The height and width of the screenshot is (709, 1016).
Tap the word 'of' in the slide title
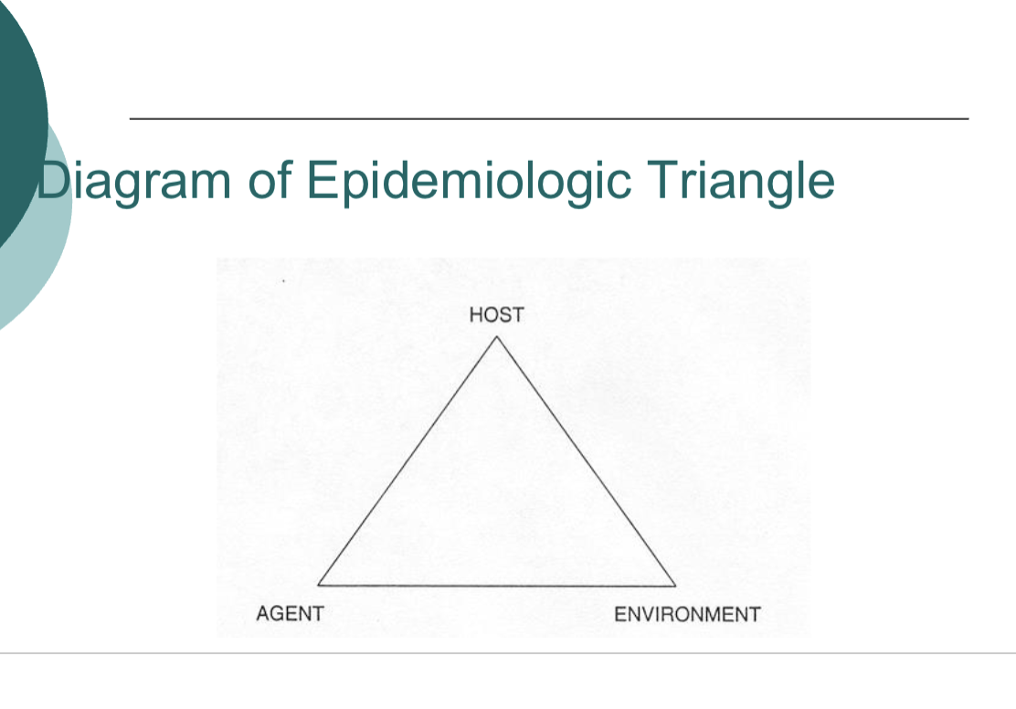(268, 179)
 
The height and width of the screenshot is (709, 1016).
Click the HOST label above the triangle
(496, 315)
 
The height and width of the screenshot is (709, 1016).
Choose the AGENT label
(290, 614)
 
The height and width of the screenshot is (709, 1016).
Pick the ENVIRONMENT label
(686, 614)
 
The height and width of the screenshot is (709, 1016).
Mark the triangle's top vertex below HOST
(497, 337)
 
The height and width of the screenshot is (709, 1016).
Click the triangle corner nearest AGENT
(319, 584)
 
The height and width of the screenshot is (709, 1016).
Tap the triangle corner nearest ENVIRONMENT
(675, 585)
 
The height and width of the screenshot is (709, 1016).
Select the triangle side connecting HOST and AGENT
(407, 460)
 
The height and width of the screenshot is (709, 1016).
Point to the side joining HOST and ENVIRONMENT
(586, 460)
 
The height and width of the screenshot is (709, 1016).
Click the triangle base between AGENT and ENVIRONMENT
(497, 585)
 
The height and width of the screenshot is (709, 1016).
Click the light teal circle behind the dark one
(46, 274)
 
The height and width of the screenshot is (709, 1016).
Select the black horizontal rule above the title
(548, 119)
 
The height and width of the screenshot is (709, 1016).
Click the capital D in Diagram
(53, 179)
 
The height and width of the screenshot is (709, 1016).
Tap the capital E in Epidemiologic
(322, 179)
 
